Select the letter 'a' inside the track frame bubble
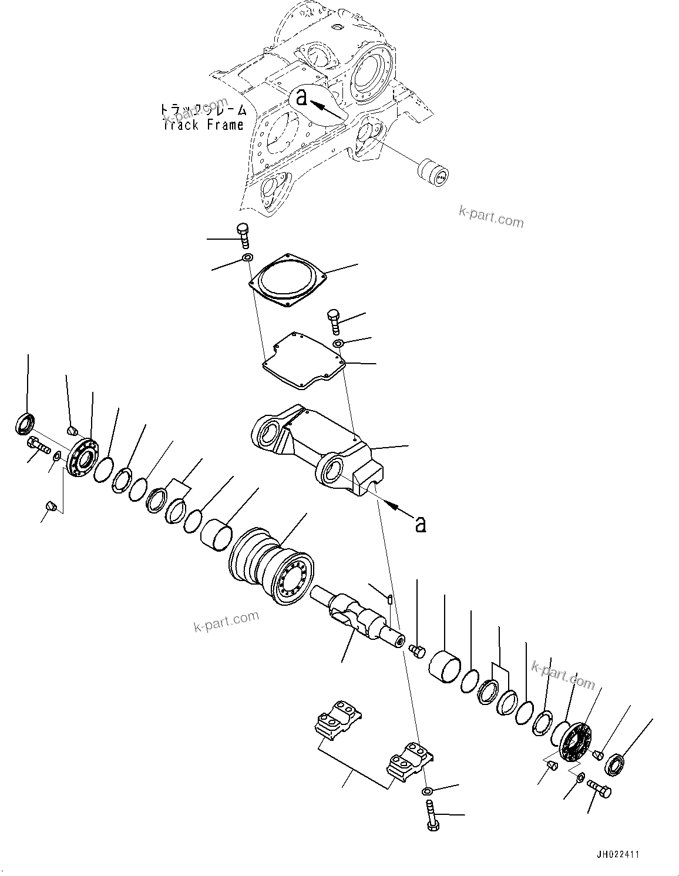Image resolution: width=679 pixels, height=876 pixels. [x=301, y=98]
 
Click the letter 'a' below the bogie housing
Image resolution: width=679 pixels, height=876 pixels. [x=420, y=523]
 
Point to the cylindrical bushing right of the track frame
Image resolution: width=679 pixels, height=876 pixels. [x=432, y=172]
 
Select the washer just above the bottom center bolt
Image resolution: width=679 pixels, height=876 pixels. [x=427, y=791]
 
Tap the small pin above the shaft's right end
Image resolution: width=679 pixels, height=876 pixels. [x=390, y=599]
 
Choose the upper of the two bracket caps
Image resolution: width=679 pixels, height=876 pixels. [x=338, y=718]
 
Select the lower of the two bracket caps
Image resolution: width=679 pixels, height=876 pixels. [x=409, y=763]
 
